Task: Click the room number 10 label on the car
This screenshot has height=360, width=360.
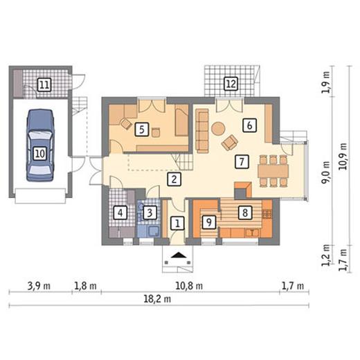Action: pyautogui.click(x=40, y=154)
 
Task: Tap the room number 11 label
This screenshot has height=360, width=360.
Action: pyautogui.click(x=44, y=84)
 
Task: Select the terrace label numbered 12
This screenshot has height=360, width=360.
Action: pyautogui.click(x=231, y=84)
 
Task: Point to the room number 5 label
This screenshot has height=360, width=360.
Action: pyautogui.click(x=142, y=129)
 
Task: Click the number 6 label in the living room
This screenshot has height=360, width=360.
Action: pyautogui.click(x=249, y=125)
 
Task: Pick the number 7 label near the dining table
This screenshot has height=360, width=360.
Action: pyautogui.click(x=242, y=161)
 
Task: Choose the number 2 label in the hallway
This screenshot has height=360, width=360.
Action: pyautogui.click(x=174, y=179)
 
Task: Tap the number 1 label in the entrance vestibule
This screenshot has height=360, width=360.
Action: pyautogui.click(x=177, y=223)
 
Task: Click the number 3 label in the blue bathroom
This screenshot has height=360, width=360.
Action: pyautogui.click(x=150, y=213)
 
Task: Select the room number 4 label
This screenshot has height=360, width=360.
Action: pyautogui.click(x=120, y=213)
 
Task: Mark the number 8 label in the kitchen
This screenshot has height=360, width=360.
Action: pyautogui.click(x=245, y=213)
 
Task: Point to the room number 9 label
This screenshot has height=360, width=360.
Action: pyautogui.click(x=209, y=222)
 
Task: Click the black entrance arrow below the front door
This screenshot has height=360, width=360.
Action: pyautogui.click(x=179, y=255)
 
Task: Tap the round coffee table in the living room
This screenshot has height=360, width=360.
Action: pyautogui.click(x=218, y=129)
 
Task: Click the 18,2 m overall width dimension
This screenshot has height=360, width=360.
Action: pyautogui.click(x=157, y=299)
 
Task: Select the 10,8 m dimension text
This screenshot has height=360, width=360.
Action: pyautogui.click(x=189, y=286)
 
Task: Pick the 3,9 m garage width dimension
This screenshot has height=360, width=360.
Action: pyautogui.click(x=39, y=286)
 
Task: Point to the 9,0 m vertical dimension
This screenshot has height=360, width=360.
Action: pyautogui.click(x=326, y=172)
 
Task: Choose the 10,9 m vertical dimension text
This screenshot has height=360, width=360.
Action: pyautogui.click(x=343, y=156)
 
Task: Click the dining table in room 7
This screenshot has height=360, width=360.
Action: pyautogui.click(x=273, y=171)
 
